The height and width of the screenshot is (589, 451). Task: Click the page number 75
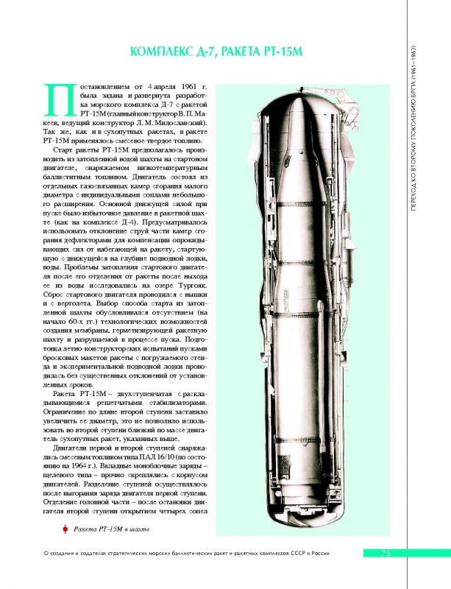coord(385,553)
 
